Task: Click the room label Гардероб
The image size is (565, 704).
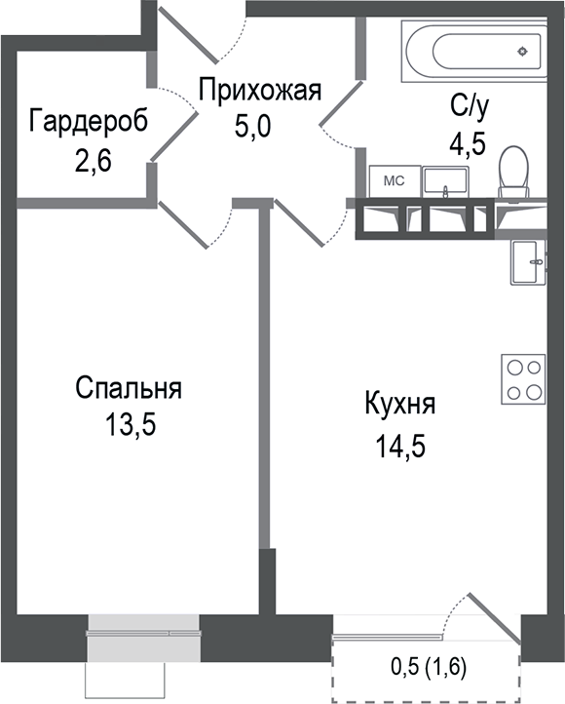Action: pos(89,123)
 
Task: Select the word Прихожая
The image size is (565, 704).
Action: pos(259,92)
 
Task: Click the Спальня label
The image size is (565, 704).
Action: pos(129,388)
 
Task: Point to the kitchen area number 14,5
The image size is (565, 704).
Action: pos(400,446)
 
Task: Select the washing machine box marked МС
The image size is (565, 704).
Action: pos(394,181)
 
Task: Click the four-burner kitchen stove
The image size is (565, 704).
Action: pos(525,380)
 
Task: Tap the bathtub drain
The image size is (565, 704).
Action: pos(526,50)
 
